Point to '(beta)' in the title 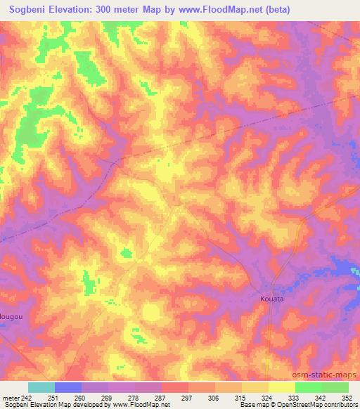pos(274,10)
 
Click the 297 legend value pos(188,398)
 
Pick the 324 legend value pos(268,398)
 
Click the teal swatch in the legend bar pos(41,387)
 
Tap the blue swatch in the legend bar pos(68,387)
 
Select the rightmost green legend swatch pos(335,387)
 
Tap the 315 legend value pos(241,398)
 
